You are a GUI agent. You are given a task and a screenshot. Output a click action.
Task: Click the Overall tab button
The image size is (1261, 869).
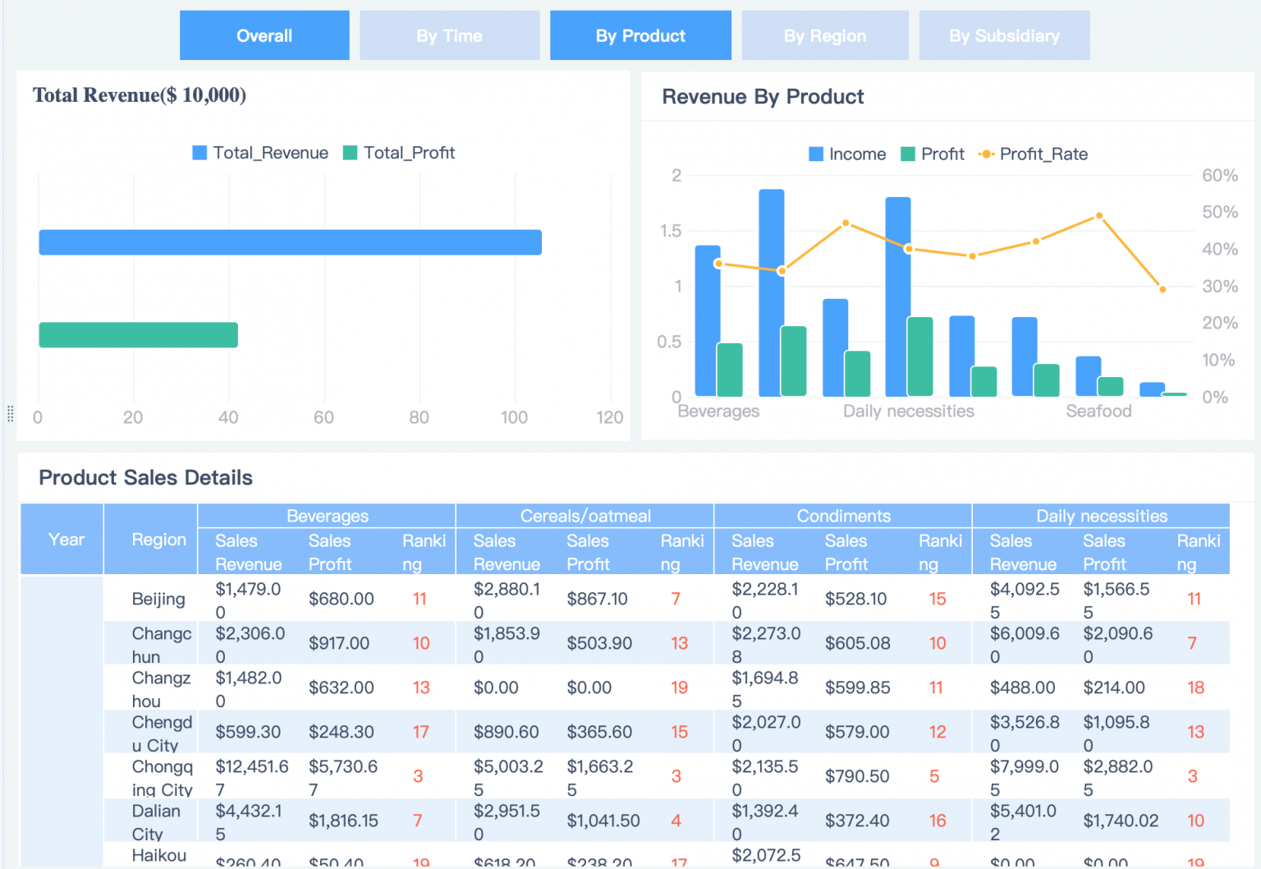264,35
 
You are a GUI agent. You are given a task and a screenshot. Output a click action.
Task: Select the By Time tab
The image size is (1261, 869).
449,35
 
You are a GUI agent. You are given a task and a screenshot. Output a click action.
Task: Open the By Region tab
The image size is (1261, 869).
824,35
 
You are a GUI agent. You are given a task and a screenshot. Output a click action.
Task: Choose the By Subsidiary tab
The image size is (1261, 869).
1004,35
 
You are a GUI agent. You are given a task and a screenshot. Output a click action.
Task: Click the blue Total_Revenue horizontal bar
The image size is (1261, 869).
290,242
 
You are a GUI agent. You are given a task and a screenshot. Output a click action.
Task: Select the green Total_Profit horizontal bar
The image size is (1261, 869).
138,335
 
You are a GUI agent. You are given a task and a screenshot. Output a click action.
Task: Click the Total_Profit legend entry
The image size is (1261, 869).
399,153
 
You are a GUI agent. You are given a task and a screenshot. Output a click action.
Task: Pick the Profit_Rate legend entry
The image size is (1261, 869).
1034,154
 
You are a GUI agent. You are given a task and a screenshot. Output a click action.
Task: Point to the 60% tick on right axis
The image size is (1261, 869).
1219,175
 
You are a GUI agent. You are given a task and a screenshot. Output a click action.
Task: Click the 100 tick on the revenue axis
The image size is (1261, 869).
514,417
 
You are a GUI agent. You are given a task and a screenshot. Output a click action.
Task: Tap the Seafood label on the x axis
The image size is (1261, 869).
1098,411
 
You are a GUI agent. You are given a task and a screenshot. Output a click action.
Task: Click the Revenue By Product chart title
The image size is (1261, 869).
763,97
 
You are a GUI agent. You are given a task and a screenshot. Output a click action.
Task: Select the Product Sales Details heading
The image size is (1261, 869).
145,477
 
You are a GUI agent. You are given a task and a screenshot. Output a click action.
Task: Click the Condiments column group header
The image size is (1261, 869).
843,516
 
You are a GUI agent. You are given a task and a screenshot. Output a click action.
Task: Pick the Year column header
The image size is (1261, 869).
66,540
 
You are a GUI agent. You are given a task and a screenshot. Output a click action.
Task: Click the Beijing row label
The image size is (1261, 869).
158,599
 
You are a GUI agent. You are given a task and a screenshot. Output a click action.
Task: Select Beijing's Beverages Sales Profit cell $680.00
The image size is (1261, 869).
341,599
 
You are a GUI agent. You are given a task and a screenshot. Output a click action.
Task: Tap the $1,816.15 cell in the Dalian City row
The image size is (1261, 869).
343,821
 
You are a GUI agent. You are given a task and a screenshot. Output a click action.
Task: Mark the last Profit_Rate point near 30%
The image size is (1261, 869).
1162,289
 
